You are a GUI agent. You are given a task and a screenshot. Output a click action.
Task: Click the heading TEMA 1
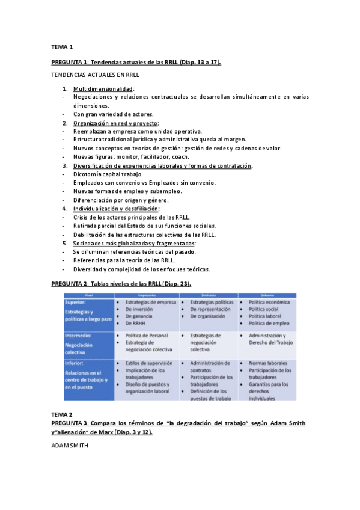(x=62, y=46)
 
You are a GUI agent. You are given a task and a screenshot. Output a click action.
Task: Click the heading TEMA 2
(x=62, y=415)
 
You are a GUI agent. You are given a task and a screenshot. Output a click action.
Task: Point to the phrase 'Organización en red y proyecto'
(x=115, y=123)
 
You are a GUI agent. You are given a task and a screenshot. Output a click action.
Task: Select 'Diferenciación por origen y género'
(x=121, y=200)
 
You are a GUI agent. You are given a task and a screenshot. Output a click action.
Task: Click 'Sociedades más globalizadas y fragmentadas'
(x=134, y=243)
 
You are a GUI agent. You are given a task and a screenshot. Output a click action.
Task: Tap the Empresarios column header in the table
(x=147, y=295)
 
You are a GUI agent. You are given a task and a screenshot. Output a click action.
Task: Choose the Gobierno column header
(x=266, y=295)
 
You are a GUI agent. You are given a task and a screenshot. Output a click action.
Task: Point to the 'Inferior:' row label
(x=75, y=363)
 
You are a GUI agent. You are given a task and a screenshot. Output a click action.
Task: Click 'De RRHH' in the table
(x=136, y=323)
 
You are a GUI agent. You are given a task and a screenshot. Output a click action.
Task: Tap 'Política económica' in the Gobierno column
(x=269, y=302)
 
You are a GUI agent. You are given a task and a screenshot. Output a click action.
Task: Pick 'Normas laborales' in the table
(x=267, y=363)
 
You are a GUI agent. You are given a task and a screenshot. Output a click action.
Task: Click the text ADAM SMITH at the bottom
(x=70, y=446)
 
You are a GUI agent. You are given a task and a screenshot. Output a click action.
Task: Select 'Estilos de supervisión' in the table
(x=148, y=363)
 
